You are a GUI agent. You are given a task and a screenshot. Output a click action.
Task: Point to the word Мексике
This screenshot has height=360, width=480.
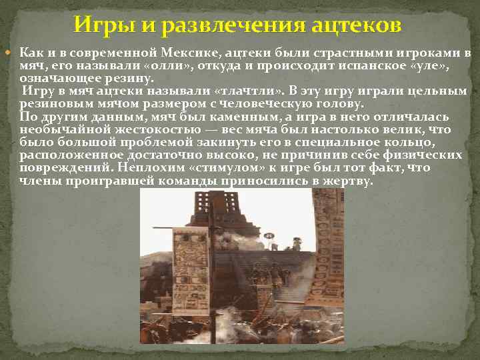pyautogui.click(x=193, y=53)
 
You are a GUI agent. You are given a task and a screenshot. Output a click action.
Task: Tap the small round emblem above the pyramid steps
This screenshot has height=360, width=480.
pyautogui.click(x=270, y=235)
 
